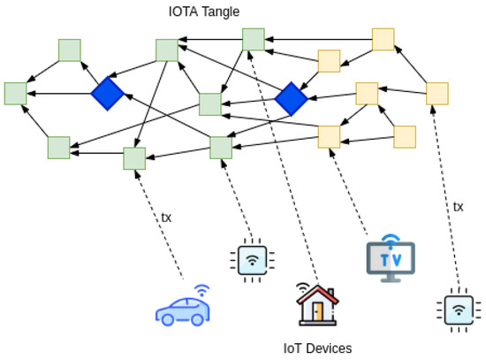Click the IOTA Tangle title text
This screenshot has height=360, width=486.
(203, 11)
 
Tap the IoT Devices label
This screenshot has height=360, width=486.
(317, 348)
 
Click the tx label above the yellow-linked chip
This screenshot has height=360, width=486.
(458, 206)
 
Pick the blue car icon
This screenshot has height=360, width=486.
(184, 308)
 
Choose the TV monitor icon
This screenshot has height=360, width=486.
(390, 257)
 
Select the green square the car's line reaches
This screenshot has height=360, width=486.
(134, 158)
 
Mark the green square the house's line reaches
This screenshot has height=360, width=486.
(254, 39)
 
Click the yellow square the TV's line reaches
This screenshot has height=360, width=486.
(329, 136)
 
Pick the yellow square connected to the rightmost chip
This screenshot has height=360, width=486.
(437, 93)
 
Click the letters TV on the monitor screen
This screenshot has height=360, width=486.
(389, 257)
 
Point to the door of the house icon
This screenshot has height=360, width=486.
(319, 314)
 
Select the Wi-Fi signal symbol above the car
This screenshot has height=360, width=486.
(201, 289)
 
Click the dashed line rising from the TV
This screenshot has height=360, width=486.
(349, 190)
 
